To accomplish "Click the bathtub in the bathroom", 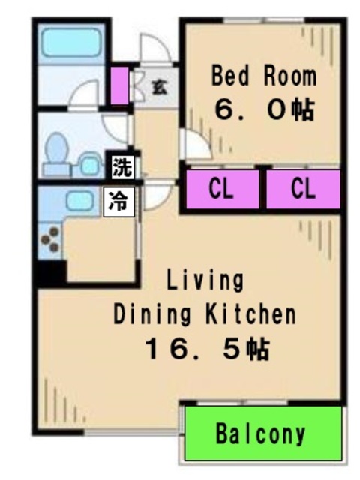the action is coord(71,42).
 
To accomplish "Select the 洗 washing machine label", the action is coord(122,167).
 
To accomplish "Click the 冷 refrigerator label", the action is coord(119,202).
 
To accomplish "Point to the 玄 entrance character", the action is coord(160,87).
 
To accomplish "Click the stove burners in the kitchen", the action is coord(50,240).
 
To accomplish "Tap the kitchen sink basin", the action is coord(79,201).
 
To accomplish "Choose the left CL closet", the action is coord(223,190).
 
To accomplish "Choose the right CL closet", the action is coord(303,190).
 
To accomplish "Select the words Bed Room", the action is coord(264,76).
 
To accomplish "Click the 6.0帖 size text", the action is coord(265,109).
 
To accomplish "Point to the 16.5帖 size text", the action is coord(207,349).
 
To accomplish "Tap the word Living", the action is coord(205,280).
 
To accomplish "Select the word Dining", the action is coord(152,314).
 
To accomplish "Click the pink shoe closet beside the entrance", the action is coord(119,85).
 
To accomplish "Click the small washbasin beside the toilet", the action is coord(89,165).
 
